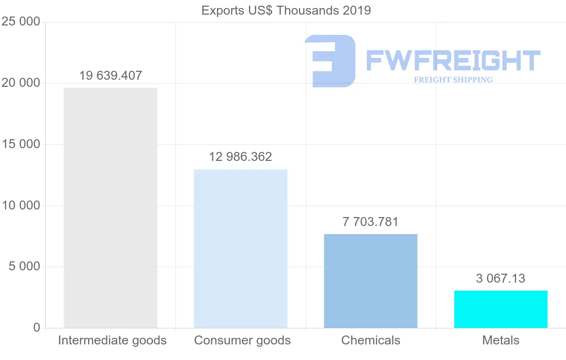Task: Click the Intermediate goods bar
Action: coord(110,208)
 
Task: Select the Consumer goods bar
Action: coord(241,249)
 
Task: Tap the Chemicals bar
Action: coord(371,281)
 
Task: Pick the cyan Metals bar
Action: coord(501,309)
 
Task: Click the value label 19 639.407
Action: coord(110,75)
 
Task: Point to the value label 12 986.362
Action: coord(241,157)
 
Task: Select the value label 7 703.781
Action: coord(371,222)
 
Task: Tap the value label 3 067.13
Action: coord(501,278)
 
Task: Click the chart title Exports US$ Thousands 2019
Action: coord(286,10)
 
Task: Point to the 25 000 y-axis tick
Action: coord(20,22)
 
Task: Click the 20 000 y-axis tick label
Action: coord(20,83)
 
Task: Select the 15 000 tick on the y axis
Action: coord(20,144)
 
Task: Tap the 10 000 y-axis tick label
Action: coord(20,206)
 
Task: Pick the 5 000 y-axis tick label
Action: coord(24,267)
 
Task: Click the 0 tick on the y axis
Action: coord(37,328)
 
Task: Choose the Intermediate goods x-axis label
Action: coord(112,340)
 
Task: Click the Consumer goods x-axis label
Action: coord(242,340)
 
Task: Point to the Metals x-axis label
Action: coord(501,340)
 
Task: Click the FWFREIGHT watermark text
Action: coord(453,61)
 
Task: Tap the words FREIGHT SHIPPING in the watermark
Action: coord(453,80)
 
